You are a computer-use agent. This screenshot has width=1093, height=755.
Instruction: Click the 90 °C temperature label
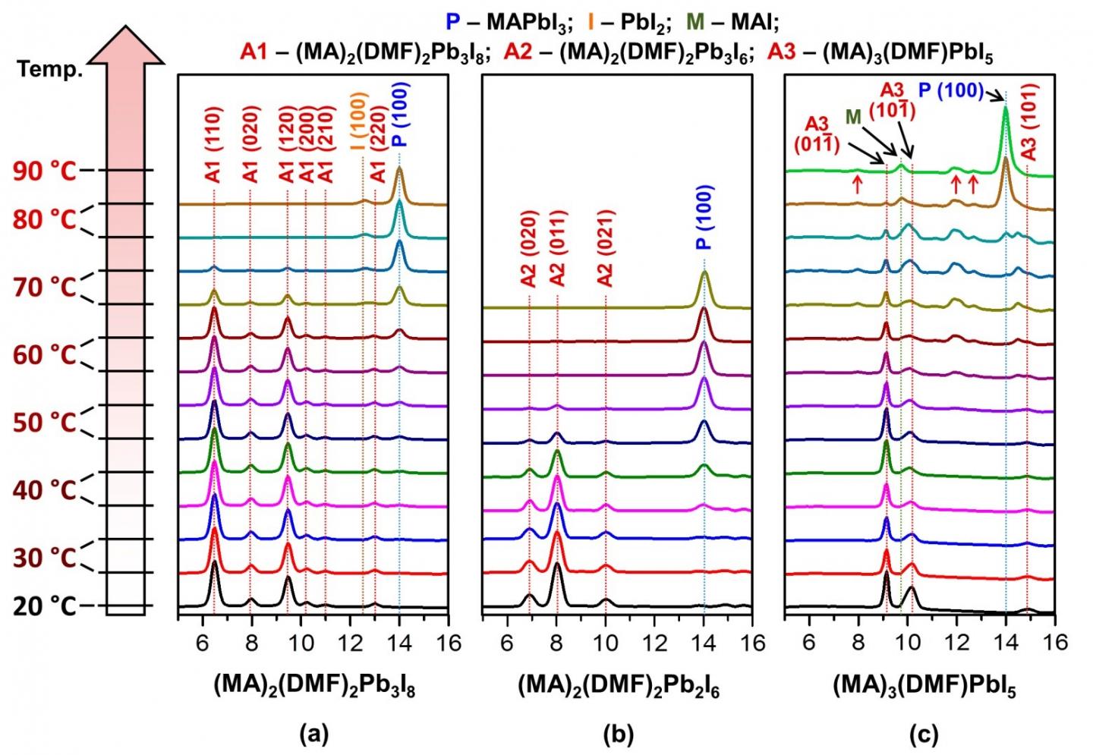coord(45,171)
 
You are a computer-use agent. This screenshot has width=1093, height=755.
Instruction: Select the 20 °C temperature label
coord(45,606)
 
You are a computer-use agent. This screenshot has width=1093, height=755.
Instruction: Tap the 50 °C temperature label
coord(45,423)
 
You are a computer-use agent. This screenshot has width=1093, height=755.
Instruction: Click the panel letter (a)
coord(313,734)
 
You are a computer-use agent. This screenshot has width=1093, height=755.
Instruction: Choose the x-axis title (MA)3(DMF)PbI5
coord(924,687)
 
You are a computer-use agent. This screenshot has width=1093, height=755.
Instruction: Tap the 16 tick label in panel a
coord(449,642)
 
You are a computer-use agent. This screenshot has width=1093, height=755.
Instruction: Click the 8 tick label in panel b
coord(556,642)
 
